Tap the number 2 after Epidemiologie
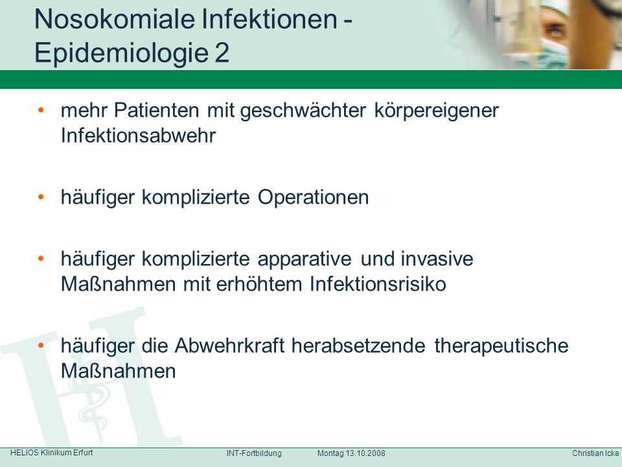[x=222, y=53]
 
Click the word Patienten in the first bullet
[x=156, y=110]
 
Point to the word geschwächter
[x=303, y=111]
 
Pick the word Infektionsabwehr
[x=138, y=136]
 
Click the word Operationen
[x=313, y=197]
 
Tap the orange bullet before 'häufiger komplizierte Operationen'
[x=41, y=197]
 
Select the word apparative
[x=305, y=259]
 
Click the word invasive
[x=437, y=259]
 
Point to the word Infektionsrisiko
[x=378, y=284]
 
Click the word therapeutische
[x=501, y=346]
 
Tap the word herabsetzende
[x=358, y=346]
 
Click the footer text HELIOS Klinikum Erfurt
[x=52, y=453]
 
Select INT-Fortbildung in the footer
[x=254, y=453]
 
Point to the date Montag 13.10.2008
[x=351, y=453]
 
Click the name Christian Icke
[x=595, y=453]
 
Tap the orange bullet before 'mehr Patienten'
[x=41, y=110]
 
